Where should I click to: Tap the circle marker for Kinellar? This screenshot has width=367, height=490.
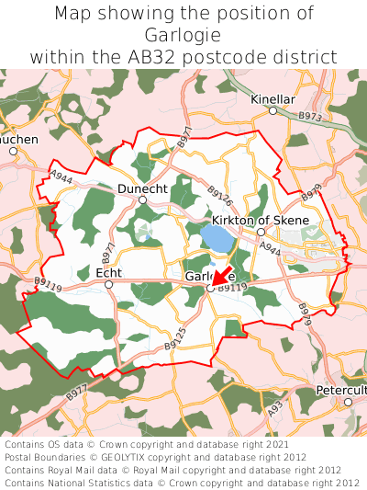tap(272, 111)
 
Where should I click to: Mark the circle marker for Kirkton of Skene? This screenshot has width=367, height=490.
tap(261, 233)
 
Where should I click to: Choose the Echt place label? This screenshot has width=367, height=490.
tap(108, 272)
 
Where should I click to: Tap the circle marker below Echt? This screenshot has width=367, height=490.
tap(108, 285)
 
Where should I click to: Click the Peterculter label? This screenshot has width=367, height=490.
tap(341, 390)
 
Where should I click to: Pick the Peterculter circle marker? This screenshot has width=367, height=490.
tap(348, 402)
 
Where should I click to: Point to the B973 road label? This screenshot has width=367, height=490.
tap(311, 118)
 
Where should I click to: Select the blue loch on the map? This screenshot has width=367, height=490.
tap(217, 241)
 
